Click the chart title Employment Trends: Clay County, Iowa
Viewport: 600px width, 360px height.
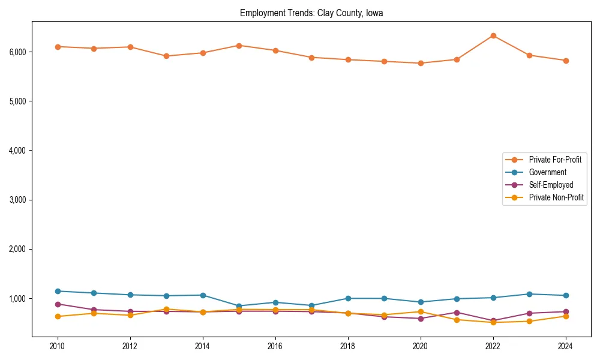point(311,13)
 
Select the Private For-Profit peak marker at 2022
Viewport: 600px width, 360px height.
point(493,35)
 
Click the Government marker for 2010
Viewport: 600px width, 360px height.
point(58,291)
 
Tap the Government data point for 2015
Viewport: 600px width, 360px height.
point(239,306)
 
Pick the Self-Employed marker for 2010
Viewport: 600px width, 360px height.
point(58,304)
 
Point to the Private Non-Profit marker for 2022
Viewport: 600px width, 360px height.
point(493,322)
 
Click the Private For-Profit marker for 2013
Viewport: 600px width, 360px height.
point(166,56)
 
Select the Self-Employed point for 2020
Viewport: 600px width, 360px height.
point(421,319)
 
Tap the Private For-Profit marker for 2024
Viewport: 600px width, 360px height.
point(566,61)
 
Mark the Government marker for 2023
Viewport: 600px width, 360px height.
point(529,294)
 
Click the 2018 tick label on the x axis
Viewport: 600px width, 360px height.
point(348,346)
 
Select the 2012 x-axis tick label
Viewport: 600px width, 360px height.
point(130,346)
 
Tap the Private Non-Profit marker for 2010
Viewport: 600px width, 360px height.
point(58,316)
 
